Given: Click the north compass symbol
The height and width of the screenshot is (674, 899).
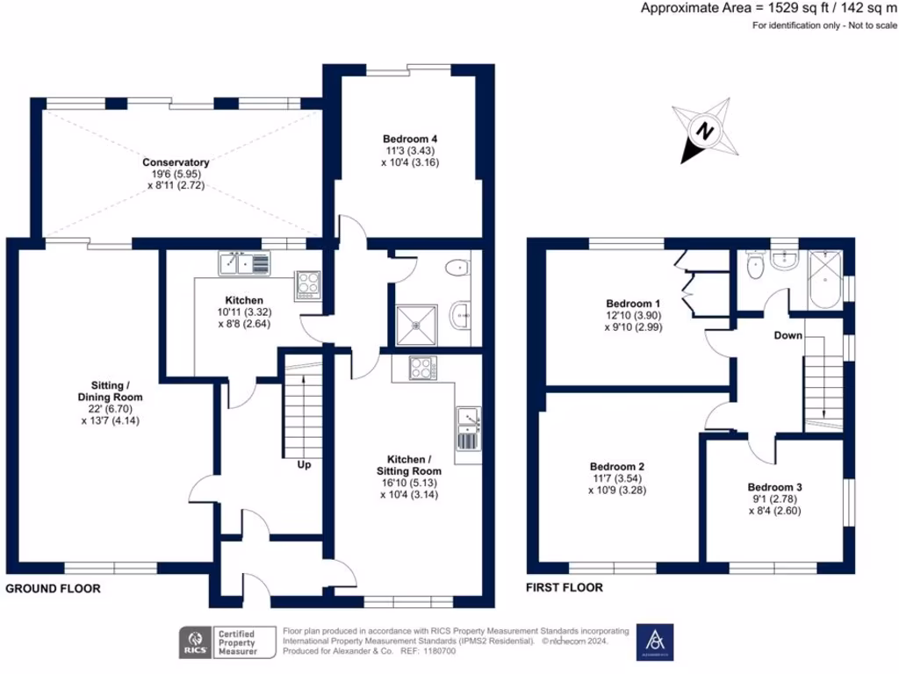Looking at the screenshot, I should [704, 132].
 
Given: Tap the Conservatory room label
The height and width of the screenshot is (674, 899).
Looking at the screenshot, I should [176, 162].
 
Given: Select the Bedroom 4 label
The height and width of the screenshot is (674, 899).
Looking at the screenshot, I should [409, 139].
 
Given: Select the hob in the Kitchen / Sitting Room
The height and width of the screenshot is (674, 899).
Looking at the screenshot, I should [421, 368].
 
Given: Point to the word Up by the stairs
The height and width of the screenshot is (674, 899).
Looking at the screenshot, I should [304, 464].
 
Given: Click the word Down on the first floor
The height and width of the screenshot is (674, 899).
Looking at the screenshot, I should [788, 336].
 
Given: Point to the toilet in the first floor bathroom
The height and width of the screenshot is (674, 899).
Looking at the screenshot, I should [752, 266].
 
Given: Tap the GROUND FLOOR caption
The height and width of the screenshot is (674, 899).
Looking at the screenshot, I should [54, 589].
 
